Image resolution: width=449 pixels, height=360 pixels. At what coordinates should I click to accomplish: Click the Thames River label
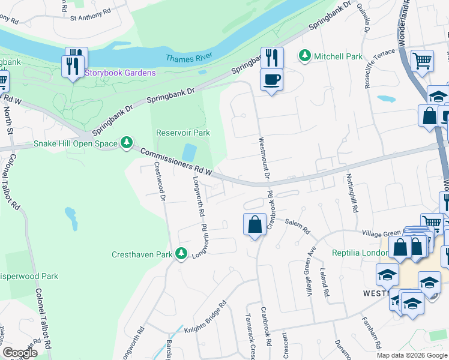coord(188,58)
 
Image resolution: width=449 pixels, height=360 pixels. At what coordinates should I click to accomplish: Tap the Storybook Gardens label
coord(120,73)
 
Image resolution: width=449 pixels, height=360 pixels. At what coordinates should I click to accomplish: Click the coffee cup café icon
coord(271,79)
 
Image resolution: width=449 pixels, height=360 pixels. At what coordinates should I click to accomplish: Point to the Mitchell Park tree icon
coord(305,56)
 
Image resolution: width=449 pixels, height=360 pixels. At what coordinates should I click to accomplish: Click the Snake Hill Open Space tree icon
coord(127,143)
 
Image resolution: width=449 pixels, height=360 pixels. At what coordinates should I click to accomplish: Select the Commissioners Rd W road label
coord(177,162)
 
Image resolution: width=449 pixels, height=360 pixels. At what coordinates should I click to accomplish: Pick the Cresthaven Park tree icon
coord(181,254)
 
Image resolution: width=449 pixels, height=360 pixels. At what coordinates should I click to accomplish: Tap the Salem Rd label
coord(297,226)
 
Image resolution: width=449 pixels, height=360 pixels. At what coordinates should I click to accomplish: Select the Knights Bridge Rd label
coord(205,316)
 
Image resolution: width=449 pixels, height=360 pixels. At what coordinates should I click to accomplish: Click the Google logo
coord(20,353)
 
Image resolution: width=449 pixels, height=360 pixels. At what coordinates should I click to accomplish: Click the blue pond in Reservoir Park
coord(189,152)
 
